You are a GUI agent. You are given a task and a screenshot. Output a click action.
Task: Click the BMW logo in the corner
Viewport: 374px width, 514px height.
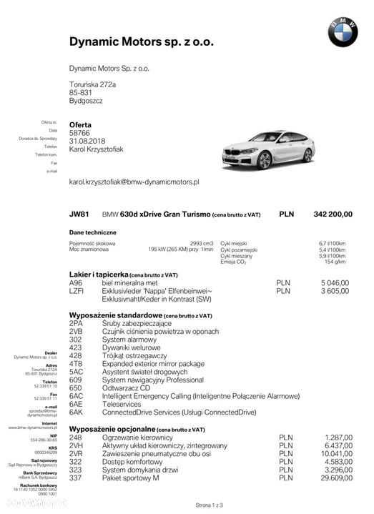click(343, 32)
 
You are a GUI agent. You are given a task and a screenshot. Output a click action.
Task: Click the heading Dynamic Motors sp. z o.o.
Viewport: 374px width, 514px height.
click(141, 41)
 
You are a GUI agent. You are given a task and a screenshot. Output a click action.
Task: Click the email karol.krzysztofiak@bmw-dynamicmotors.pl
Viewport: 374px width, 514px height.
click(134, 182)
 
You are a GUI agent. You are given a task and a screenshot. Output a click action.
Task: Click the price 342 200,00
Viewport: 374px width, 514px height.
click(333, 214)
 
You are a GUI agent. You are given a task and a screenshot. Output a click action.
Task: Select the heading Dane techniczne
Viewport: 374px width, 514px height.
click(92, 232)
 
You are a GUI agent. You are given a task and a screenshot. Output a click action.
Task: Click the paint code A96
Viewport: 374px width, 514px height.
click(76, 283)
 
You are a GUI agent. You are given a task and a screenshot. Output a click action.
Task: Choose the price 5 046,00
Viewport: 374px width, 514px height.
click(335, 283)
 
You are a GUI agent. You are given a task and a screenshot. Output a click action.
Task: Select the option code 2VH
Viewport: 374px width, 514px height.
click(77, 445)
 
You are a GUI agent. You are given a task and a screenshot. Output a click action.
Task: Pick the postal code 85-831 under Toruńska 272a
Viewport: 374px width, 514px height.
click(81, 92)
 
